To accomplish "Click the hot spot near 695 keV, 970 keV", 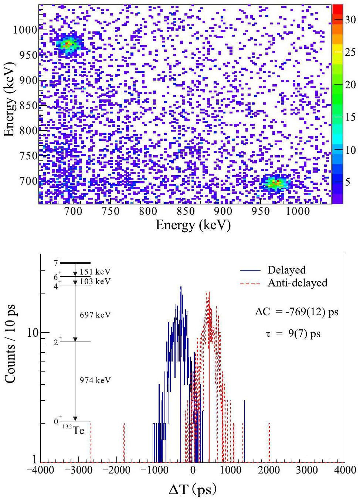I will (68, 44).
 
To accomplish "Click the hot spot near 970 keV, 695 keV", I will (275, 183).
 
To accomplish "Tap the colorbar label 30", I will (350, 20).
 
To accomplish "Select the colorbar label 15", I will (350, 118).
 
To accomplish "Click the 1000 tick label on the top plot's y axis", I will (25, 30).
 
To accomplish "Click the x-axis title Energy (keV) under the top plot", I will (193, 225).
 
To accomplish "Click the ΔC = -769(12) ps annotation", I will (296, 312).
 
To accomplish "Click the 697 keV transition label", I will (95, 315).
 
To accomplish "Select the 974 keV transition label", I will (95, 380).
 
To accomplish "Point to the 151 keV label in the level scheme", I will (95, 272).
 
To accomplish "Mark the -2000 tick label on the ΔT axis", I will (116, 470).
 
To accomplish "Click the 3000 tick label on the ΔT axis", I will (307, 470).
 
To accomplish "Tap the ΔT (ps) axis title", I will (192, 489).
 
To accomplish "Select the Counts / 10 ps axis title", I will (10, 344).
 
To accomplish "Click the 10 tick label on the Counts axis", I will (33, 333).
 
